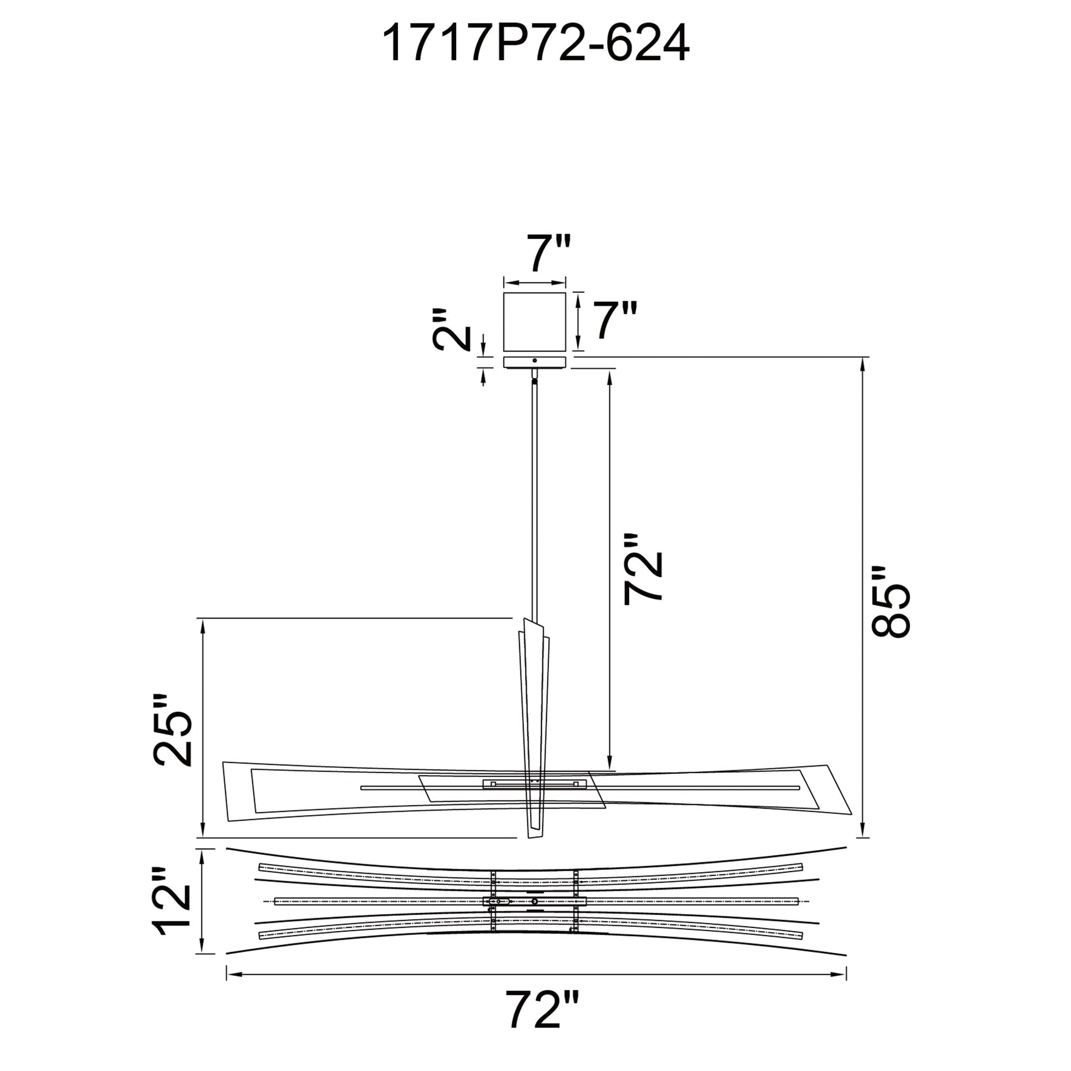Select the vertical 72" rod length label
pos(643,569)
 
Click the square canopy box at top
pos(534,321)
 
